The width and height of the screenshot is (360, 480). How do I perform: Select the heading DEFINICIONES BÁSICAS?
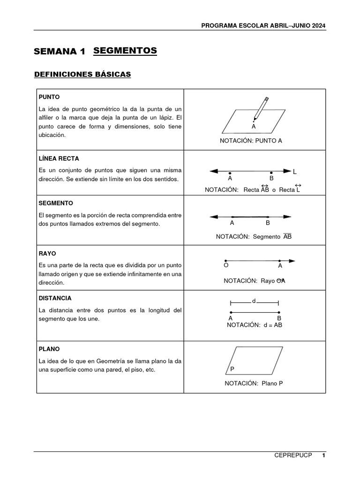click(82, 74)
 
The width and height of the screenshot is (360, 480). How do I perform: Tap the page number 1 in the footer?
click(323, 456)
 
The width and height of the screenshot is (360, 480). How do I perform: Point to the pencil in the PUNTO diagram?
click(261, 108)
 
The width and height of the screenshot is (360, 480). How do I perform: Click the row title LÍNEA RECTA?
click(59, 159)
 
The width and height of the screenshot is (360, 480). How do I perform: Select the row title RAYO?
click(47, 253)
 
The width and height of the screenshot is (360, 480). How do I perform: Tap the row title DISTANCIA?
click(55, 298)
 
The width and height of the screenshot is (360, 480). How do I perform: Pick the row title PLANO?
click(49, 349)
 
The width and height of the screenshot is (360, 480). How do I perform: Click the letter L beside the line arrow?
click(295, 172)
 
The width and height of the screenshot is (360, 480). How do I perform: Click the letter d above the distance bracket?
click(254, 301)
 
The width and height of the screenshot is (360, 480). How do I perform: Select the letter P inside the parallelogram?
click(232, 369)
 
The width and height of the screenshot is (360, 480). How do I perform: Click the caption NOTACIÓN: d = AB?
click(254, 325)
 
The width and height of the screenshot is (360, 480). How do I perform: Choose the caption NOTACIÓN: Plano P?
click(254, 383)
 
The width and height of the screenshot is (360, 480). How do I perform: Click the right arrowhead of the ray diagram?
click(292, 261)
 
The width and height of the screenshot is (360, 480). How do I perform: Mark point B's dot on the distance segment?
click(279, 312)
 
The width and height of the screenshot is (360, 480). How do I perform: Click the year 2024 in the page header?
click(318, 25)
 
